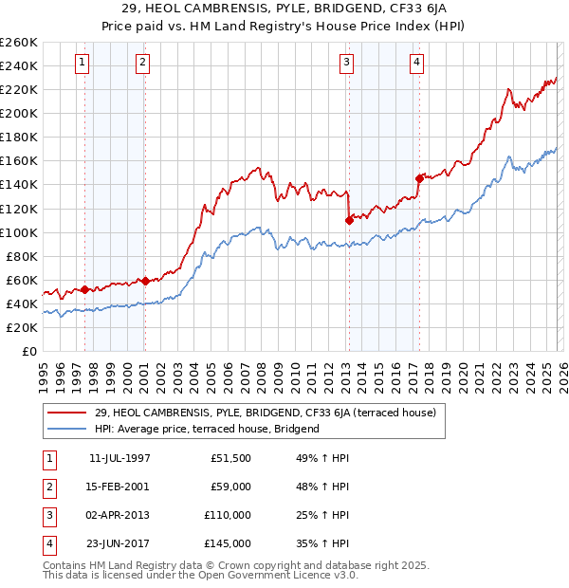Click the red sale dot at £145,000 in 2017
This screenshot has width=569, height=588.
click(x=419, y=177)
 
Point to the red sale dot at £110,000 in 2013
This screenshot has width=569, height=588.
click(x=349, y=219)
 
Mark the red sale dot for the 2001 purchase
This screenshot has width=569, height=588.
click(x=145, y=280)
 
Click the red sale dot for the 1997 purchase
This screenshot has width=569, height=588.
click(x=85, y=289)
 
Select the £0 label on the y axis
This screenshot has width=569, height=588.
click(x=28, y=351)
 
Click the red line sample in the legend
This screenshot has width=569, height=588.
click(x=67, y=413)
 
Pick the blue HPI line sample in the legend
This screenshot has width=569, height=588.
click(x=67, y=429)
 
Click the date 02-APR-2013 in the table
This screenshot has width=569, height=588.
click(x=119, y=515)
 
